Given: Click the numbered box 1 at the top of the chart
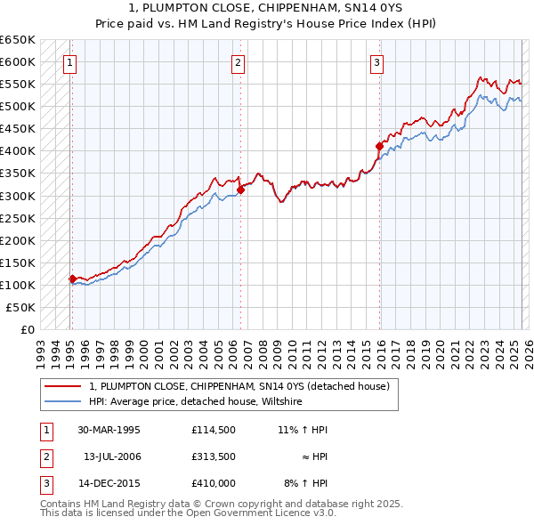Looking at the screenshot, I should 69,62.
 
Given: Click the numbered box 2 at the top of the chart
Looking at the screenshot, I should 239,62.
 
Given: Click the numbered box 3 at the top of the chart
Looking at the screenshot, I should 377,62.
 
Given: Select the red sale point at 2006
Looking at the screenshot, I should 240,190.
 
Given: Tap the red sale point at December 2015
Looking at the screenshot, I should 379,146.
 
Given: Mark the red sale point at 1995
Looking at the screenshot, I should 72,279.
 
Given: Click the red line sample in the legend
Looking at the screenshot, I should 64,387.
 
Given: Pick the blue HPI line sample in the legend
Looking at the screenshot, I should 64,402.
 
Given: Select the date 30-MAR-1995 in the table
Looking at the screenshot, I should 109,430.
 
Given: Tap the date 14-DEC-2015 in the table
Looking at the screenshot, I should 109,483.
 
